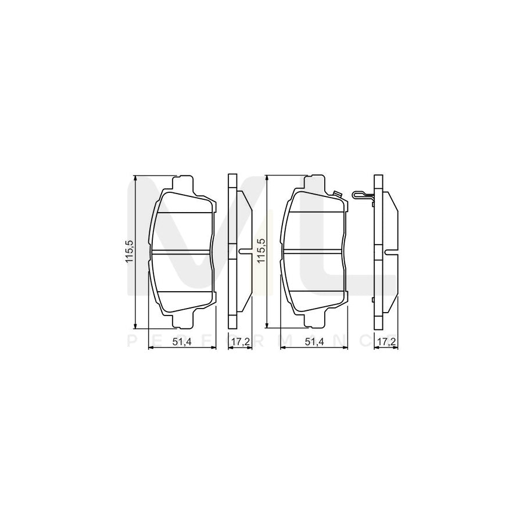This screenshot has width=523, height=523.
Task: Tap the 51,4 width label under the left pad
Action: (x=182, y=342)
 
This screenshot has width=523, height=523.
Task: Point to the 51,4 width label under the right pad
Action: (x=314, y=342)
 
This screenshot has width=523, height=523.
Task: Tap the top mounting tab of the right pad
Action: (x=314, y=181)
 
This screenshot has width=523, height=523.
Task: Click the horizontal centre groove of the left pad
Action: (x=182, y=251)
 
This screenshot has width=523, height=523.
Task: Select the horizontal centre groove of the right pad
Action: (x=314, y=251)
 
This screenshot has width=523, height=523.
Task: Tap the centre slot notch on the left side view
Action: (x=244, y=251)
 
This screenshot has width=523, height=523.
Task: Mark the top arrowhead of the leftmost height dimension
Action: (x=135, y=178)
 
